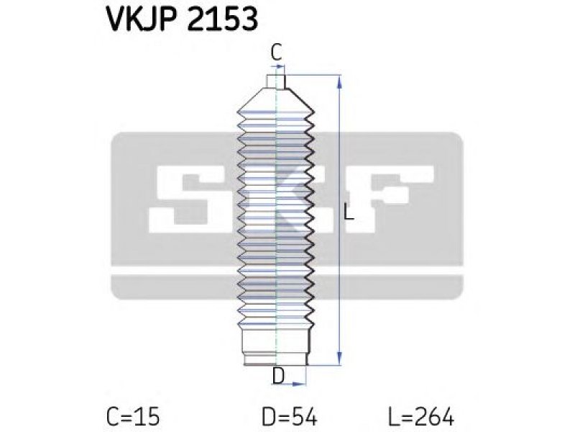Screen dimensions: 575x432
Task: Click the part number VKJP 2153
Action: pyautogui.click(x=183, y=19)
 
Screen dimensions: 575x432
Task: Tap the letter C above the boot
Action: pyautogui.click(x=276, y=53)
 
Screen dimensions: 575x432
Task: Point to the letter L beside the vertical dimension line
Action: pyautogui.click(x=349, y=213)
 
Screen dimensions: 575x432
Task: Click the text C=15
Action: pyautogui.click(x=133, y=417)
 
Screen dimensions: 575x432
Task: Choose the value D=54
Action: pyautogui.click(x=290, y=417)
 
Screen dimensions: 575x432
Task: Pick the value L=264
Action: pyautogui.click(x=421, y=417)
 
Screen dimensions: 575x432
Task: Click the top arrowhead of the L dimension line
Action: pyautogui.click(x=339, y=81)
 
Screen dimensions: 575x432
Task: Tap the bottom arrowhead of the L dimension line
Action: pyautogui.click(x=339, y=359)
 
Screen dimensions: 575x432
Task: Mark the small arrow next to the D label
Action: pyautogui.click(x=298, y=384)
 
